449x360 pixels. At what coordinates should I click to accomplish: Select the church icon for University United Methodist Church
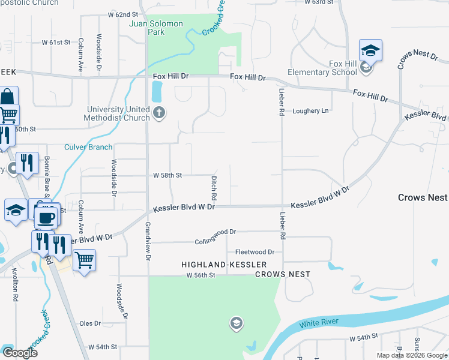pos(159,112)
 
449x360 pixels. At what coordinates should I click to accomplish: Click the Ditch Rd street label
pos(213,188)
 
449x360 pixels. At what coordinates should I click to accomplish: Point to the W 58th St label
pos(167,175)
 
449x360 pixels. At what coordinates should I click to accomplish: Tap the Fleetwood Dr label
pos(255,252)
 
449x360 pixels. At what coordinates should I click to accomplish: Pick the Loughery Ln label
pos(310,111)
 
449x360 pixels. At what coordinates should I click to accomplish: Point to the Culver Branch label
pos(88,147)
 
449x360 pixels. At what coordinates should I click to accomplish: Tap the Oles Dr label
pos(90,323)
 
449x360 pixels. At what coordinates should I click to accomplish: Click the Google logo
pos(20,353)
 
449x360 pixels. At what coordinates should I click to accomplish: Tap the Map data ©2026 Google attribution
pos(411,355)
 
